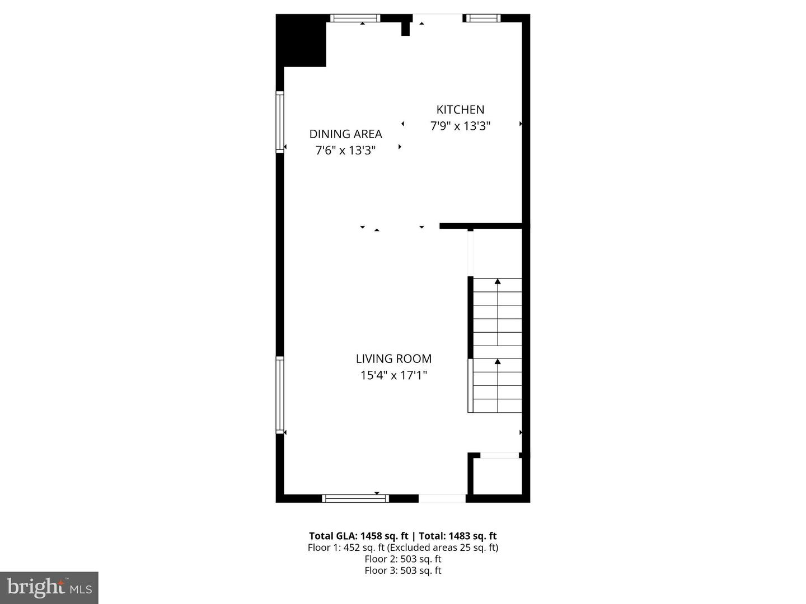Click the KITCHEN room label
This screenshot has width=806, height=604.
(460, 110)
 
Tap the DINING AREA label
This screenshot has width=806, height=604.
(345, 134)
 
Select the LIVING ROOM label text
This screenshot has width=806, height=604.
(393, 359)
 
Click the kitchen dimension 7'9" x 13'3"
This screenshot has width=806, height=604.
(460, 126)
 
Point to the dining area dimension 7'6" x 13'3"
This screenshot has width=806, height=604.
(345, 150)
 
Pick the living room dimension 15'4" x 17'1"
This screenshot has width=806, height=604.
(393, 375)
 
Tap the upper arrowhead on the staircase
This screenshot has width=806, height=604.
(498, 281)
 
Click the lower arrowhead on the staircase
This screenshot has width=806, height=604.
(498, 362)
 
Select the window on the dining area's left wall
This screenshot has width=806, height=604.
(280, 122)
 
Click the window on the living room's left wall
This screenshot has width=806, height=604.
(280, 395)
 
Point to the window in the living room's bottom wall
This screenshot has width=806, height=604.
(355, 498)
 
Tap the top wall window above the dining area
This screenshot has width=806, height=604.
(355, 18)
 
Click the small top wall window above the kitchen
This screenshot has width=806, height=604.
(482, 18)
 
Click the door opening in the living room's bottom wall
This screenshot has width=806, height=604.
(442, 498)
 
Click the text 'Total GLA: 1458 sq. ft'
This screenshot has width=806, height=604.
(358, 536)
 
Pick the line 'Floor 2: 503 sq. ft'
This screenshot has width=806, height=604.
(402, 559)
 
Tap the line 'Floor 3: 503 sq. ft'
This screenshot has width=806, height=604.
(402, 570)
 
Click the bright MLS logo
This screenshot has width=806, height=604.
(49, 587)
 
